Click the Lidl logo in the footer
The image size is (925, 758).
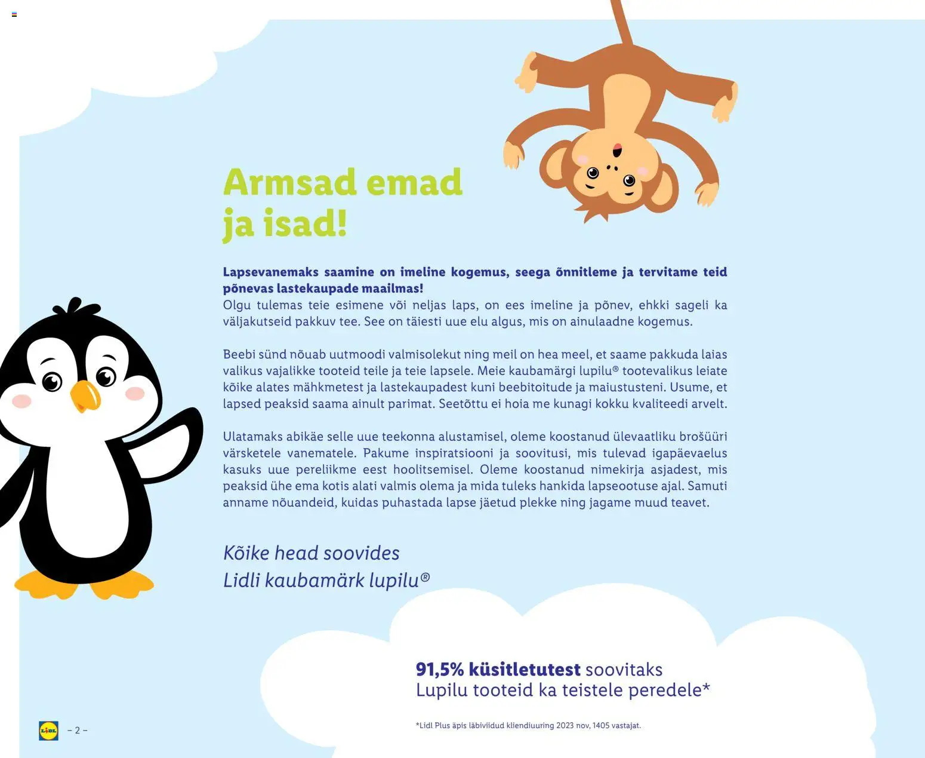tap(48, 731)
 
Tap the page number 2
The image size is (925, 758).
tap(77, 731)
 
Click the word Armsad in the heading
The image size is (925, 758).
tap(290, 182)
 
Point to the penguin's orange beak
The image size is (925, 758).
tap(85, 396)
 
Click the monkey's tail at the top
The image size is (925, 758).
tap(621, 21)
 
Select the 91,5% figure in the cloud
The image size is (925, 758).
tap(439, 670)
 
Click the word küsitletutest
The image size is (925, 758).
tap(525, 670)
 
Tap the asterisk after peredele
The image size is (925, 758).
tap(707, 688)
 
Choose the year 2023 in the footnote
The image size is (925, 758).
tap(565, 726)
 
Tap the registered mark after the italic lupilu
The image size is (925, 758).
tap(425, 577)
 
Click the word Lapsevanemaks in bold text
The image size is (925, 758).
tap(270, 272)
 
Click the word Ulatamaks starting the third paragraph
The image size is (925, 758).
tap(252, 437)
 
